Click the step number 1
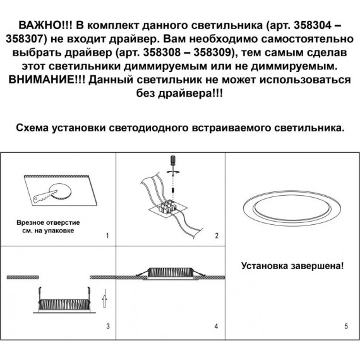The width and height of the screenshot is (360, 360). [107, 236]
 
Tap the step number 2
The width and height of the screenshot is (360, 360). [216, 236]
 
